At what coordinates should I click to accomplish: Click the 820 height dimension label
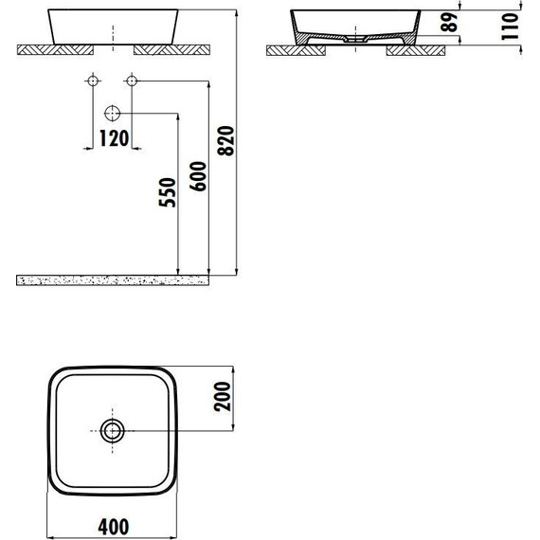[226, 141]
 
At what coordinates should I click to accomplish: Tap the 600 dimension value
[198, 176]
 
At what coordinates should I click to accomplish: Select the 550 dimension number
[168, 192]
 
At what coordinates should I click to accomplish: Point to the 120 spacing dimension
[114, 138]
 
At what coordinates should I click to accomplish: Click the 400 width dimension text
[114, 527]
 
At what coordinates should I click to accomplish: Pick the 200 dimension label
[222, 396]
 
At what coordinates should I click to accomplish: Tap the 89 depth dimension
[449, 23]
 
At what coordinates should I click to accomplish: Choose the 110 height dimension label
[510, 27]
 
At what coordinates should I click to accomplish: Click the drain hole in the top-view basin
[113, 430]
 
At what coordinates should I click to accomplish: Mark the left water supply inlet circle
[93, 81]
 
